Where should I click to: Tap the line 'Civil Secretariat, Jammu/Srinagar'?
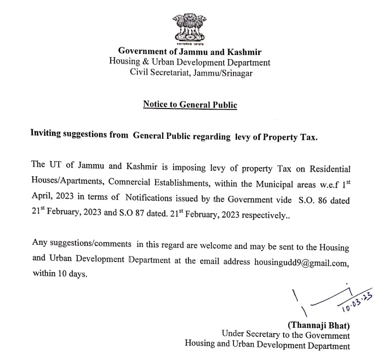(x=190, y=73)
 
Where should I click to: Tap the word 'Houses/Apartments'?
(x=64, y=180)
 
